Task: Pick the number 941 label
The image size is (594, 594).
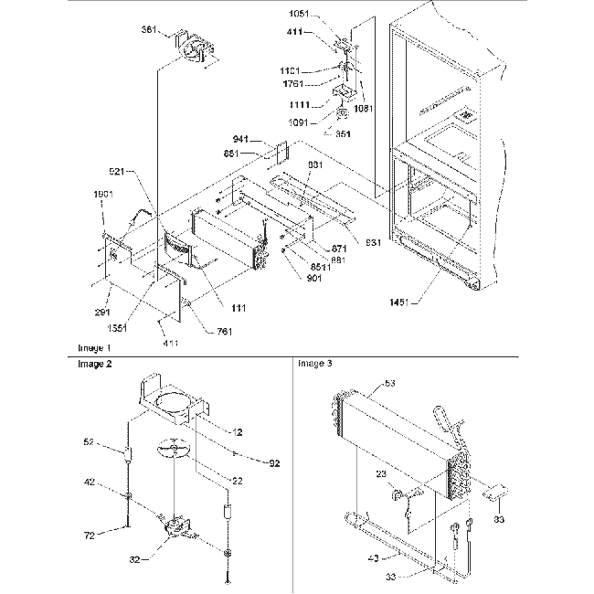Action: point(239,140)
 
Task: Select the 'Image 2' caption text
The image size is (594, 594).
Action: point(93,363)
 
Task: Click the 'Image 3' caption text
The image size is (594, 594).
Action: point(315,363)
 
